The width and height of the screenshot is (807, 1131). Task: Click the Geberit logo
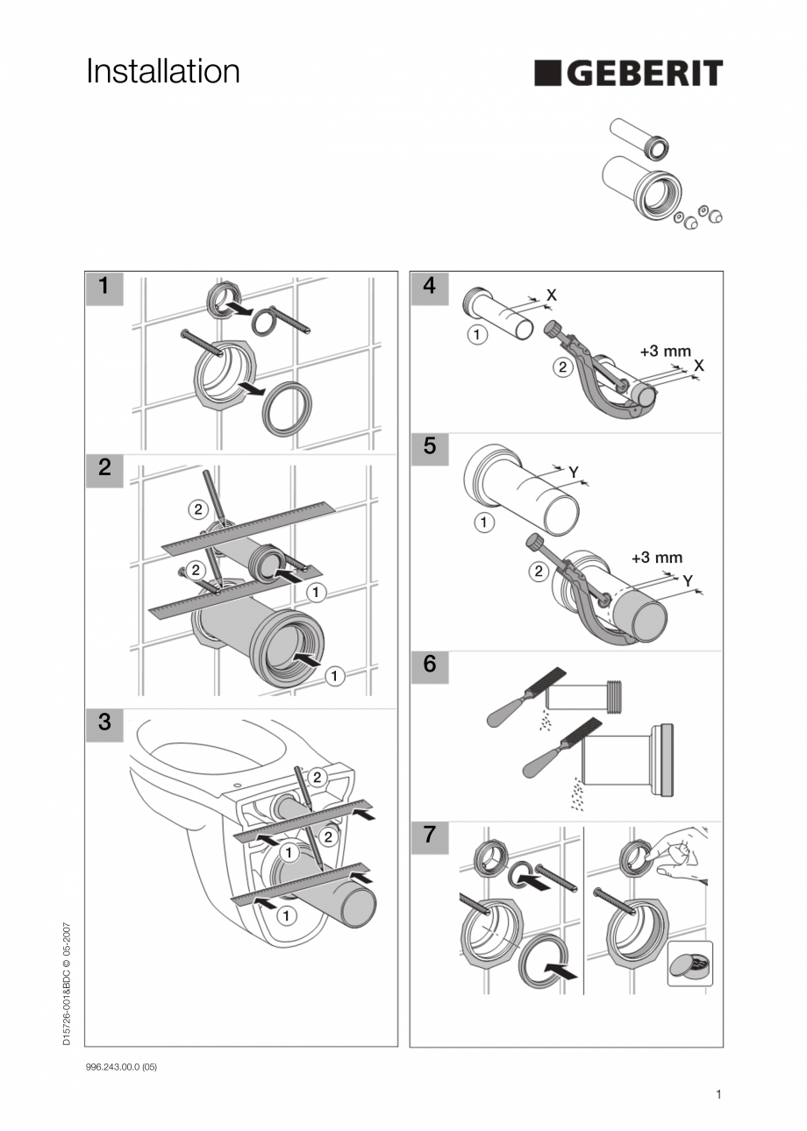click(628, 73)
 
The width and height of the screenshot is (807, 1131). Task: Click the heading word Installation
click(163, 71)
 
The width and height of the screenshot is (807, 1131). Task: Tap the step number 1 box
click(104, 286)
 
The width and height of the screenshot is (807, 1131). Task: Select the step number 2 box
click(104, 468)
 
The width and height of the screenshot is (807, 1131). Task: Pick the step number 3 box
click(104, 723)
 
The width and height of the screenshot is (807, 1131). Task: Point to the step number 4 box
click(429, 286)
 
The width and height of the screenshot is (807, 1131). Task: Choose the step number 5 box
click(429, 446)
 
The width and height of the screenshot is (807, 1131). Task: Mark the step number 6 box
click(429, 665)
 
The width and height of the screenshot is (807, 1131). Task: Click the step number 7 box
click(429, 836)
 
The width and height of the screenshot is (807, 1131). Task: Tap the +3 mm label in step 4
click(665, 351)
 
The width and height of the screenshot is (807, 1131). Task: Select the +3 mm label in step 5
click(656, 558)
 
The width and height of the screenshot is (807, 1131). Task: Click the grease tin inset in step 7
click(689, 964)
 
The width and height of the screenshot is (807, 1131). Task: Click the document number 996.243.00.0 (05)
click(121, 1067)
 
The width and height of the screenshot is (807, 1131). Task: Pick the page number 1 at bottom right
click(718, 1094)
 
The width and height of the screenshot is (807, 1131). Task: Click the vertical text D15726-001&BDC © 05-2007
click(67, 983)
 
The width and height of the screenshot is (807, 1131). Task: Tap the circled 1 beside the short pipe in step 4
click(475, 335)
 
